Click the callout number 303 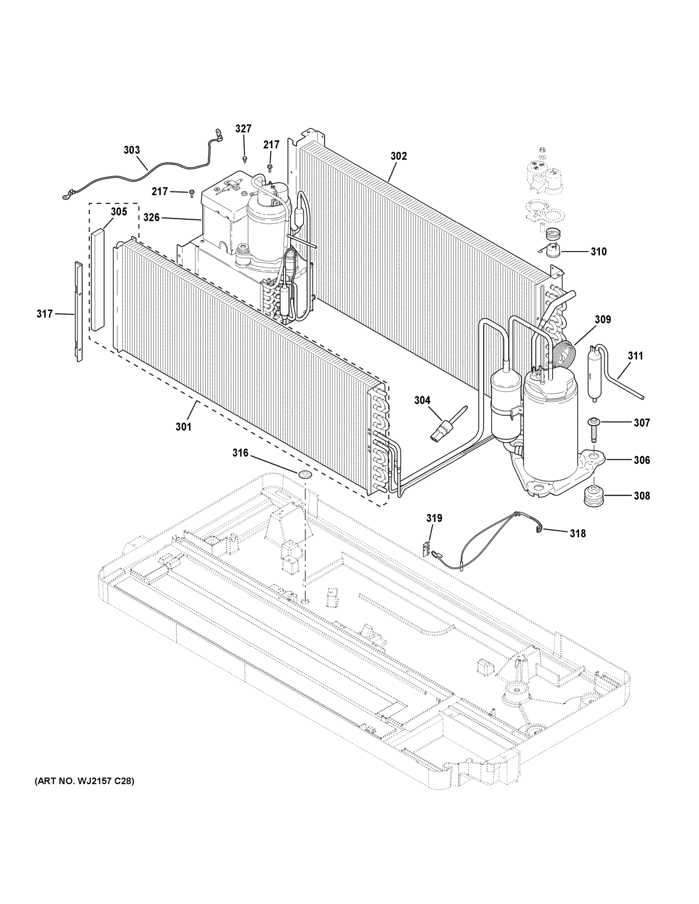click(x=132, y=150)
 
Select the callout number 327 click(x=243, y=129)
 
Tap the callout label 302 click(x=398, y=156)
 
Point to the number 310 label click(x=598, y=251)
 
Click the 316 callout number click(x=240, y=453)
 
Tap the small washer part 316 click(x=306, y=474)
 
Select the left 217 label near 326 click(x=159, y=191)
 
